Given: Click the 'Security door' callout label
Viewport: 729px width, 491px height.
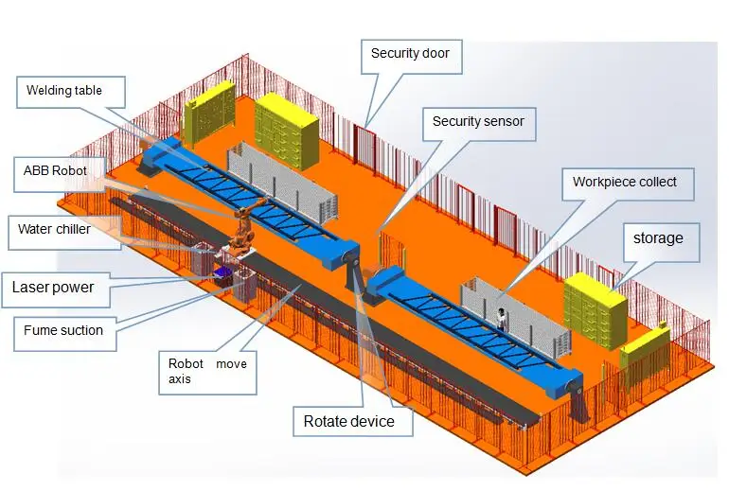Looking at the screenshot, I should click(410, 54).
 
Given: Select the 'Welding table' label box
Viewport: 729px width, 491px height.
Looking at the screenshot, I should click(63, 91).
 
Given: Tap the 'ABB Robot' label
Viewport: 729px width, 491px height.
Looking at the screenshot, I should click(56, 170).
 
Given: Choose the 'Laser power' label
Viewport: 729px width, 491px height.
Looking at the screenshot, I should click(53, 287).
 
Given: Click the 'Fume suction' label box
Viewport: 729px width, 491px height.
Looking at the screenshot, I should click(63, 330).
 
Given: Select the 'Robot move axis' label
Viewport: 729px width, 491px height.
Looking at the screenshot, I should click(206, 371).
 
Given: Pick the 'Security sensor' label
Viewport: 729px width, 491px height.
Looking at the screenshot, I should click(478, 121).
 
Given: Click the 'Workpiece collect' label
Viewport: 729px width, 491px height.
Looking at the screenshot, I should click(624, 182).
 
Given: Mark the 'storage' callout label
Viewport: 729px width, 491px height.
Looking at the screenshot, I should click(657, 238).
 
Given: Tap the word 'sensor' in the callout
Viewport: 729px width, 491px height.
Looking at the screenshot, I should click(503, 121).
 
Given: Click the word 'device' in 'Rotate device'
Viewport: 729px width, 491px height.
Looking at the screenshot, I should click(371, 421).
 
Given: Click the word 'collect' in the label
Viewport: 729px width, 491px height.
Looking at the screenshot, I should click(655, 182).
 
